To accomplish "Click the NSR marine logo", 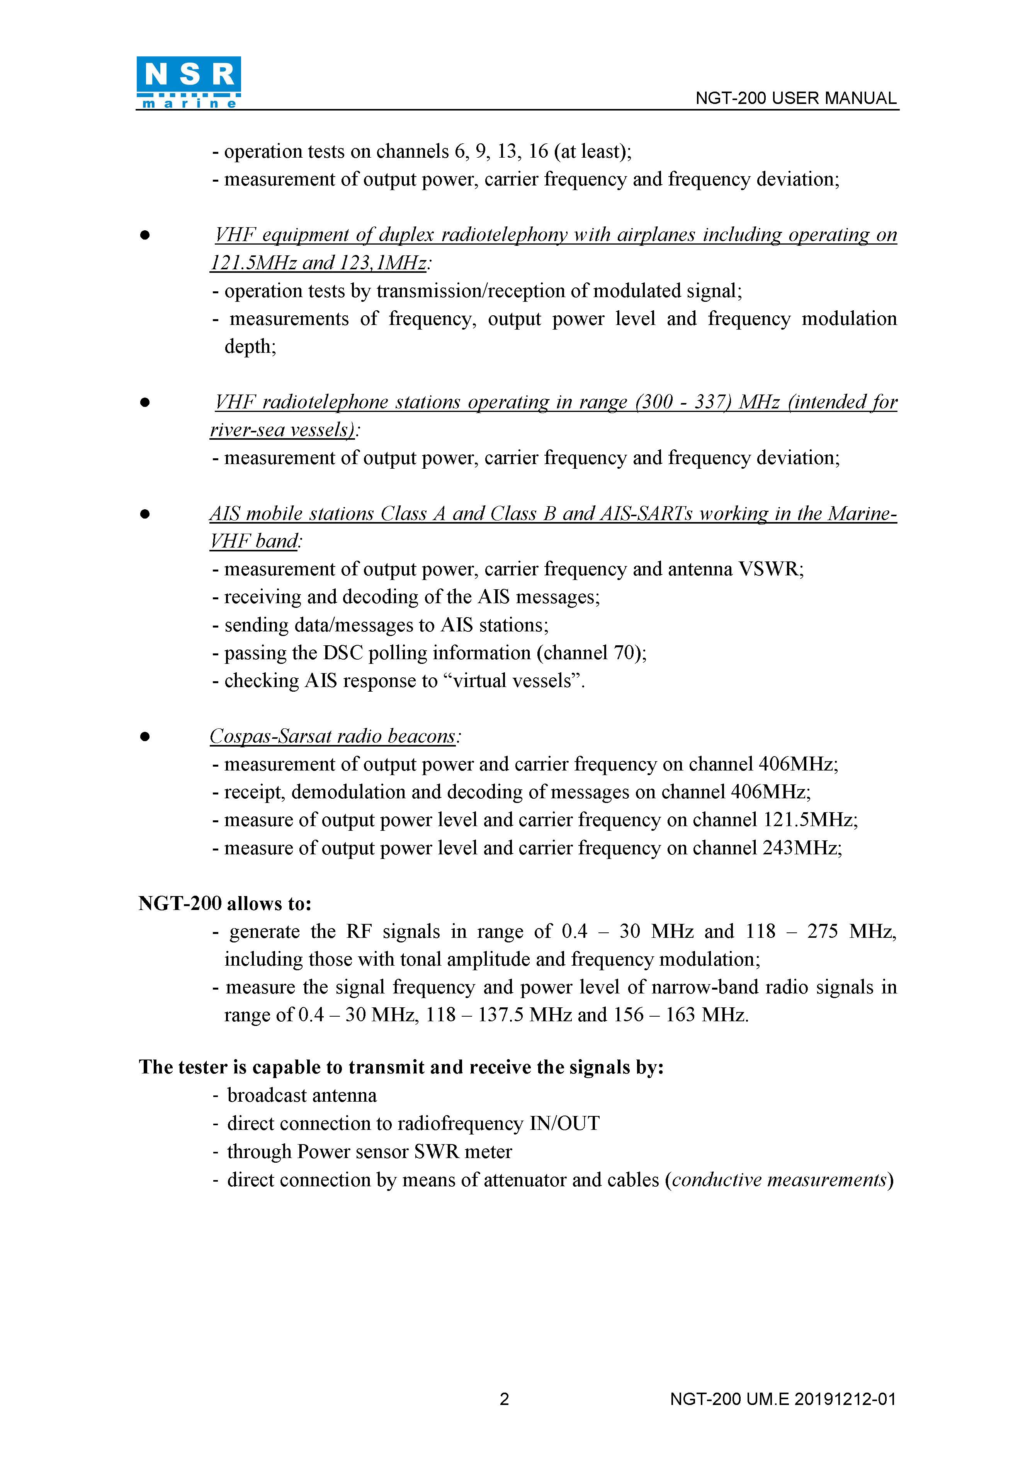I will click(x=189, y=82).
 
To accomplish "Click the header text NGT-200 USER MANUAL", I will click(x=795, y=99).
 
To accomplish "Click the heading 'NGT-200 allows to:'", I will click(x=224, y=904).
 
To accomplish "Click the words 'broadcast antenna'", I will click(x=302, y=1095).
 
